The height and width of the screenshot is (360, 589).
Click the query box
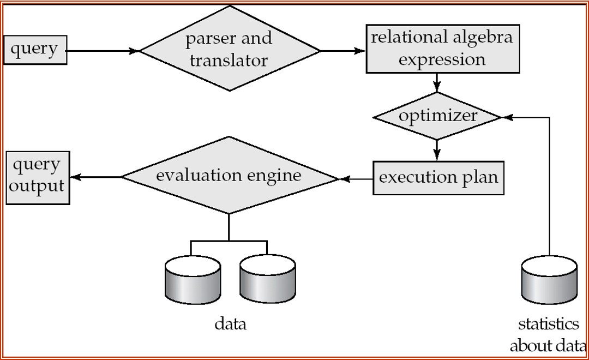pos(35,50)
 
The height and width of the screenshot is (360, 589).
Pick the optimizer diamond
pos(437,116)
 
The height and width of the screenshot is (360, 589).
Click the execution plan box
pos(438,178)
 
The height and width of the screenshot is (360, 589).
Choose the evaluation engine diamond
pos(229,176)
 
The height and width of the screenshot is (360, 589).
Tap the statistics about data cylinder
pos(549,280)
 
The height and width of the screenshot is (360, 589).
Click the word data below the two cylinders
pos(230,324)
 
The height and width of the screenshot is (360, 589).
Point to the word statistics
pos(548,324)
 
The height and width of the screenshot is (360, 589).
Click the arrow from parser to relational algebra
pos(342,51)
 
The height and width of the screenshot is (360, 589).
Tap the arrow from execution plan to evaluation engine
pos(356,178)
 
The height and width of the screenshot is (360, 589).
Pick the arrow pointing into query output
pos(95,177)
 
